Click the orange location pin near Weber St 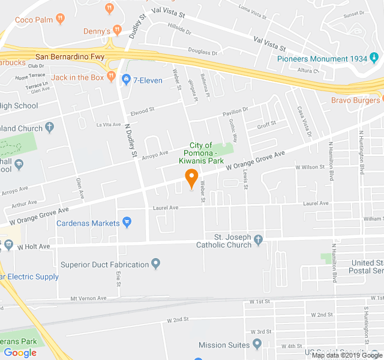pos(191,178)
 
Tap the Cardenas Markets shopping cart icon pos(127,223)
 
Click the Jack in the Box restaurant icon pos(111,77)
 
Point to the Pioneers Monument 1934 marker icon pos(374,58)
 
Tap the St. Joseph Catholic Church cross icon pos(259,241)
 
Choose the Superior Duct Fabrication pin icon pos(156,264)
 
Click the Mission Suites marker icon pos(257,344)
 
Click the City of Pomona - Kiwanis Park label pos(201,153)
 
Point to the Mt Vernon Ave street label pos(88,298)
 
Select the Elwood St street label pos(142,110)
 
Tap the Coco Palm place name pos(34,19)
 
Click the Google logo pos(20,353)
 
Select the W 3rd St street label pos(261,332)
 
